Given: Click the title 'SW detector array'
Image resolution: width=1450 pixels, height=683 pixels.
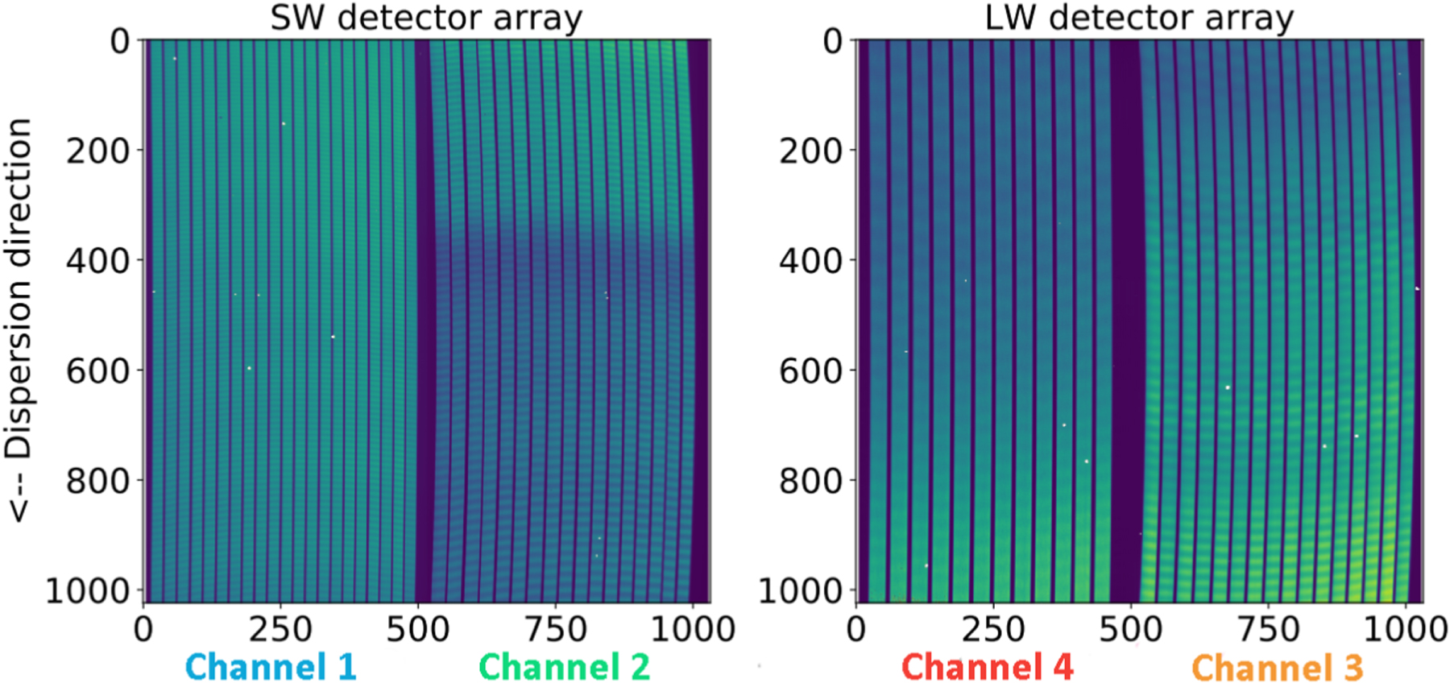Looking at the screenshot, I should tap(425, 18).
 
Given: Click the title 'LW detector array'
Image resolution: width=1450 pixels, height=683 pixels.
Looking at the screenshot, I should tap(1139, 18).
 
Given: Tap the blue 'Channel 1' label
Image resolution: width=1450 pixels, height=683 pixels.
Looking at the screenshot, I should tap(271, 667).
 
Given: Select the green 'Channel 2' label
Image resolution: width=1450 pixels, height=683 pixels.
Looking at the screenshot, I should tap(564, 667).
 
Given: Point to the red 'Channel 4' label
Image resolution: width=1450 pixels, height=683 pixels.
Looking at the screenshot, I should tap(987, 667).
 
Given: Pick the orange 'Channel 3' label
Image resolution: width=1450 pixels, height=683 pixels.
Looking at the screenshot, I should tap(1277, 667).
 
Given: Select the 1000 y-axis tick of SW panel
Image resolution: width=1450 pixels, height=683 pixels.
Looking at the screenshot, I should tap(87, 591).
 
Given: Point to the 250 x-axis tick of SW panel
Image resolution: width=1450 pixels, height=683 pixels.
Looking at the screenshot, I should tap(280, 629).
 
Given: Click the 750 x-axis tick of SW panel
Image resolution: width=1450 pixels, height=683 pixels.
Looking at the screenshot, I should tap(555, 629).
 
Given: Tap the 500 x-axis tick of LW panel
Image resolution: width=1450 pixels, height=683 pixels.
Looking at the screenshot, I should tap(1131, 629).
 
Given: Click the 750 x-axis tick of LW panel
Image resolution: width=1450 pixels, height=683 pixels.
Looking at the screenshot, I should tap(1269, 629).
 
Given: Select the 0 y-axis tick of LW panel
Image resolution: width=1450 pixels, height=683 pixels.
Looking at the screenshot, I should tap(833, 40).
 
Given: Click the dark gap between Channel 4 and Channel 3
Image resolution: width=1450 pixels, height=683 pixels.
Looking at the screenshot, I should tap(1126, 322).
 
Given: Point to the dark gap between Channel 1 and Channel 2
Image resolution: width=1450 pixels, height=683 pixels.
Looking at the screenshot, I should tap(425, 322).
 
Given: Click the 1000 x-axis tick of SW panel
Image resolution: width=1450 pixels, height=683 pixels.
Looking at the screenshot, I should tap(692, 629).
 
